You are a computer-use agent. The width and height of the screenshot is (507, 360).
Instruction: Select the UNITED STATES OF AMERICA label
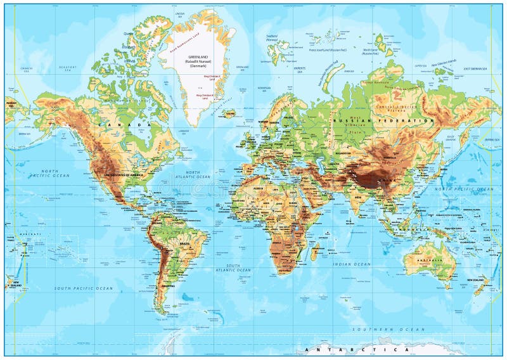click(124, 174)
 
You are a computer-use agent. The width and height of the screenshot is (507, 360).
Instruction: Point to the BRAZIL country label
click(184, 243)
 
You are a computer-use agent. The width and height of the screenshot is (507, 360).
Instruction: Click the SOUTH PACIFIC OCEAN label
click(84, 288)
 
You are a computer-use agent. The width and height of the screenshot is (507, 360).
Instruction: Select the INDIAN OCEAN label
click(354, 264)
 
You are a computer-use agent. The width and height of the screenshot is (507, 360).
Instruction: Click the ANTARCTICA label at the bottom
click(355, 350)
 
